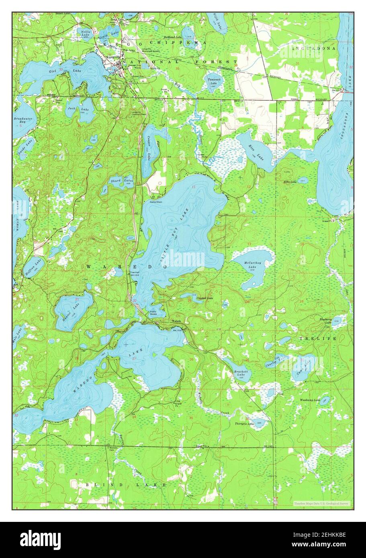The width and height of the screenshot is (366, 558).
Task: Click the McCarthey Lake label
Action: coord(252,265)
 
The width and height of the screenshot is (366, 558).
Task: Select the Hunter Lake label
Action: coord(72,309)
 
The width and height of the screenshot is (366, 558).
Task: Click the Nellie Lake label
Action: coord(85,33)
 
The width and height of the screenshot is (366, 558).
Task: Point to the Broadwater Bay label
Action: coord(22,121)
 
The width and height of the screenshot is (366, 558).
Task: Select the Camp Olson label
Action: coord(156,202)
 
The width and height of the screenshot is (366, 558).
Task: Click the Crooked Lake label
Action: coord(204,298)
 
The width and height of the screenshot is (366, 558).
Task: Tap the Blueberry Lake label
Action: coord(325,321)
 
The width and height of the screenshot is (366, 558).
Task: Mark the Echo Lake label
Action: coord(290,182)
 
